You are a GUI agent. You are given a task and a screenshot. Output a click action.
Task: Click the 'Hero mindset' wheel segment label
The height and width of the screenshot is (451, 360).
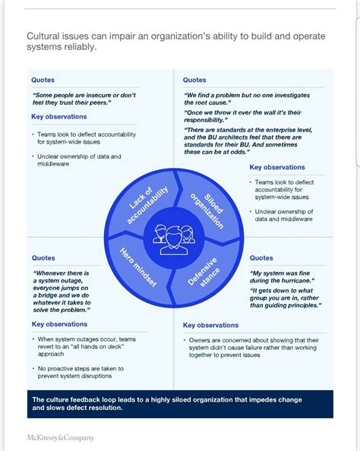point(139,266)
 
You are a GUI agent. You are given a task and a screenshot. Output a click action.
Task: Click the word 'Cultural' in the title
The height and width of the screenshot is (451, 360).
point(46,36)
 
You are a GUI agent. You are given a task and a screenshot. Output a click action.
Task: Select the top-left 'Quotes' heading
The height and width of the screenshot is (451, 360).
point(43,80)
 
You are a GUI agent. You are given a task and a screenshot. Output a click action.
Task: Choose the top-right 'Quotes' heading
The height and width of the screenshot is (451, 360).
point(194,80)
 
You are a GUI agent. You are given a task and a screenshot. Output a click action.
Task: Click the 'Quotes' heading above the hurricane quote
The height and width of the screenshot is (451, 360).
point(261,258)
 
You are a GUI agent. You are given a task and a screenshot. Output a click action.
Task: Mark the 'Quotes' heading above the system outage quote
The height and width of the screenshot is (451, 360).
point(43,257)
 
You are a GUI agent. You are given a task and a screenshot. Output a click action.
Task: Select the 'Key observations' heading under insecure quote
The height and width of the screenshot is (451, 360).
point(59,117)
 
